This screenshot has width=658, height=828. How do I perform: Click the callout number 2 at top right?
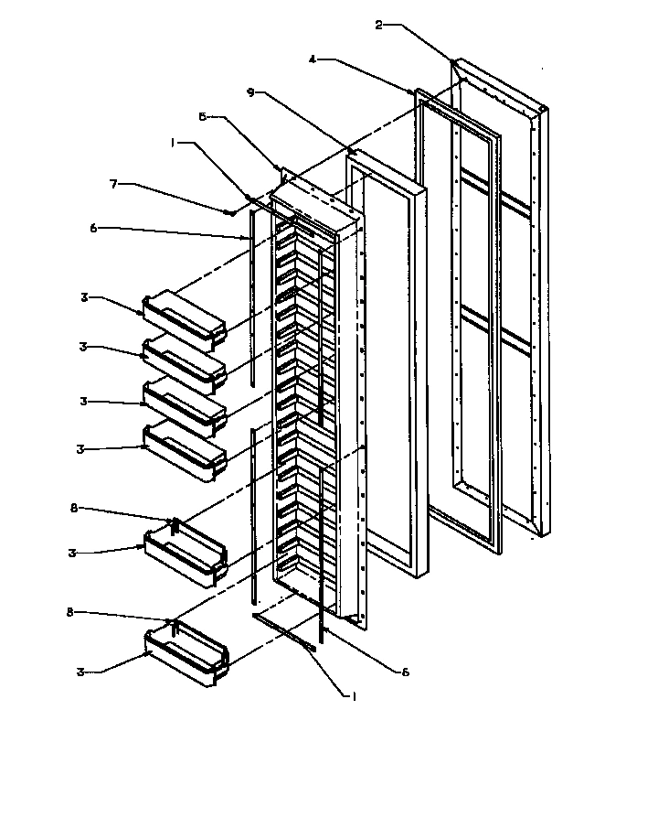tap(379, 25)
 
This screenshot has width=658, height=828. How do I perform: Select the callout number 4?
tap(313, 60)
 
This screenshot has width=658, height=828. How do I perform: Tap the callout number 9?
tap(251, 92)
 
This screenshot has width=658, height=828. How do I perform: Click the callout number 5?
tap(203, 117)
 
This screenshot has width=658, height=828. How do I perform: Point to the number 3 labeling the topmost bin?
tap(84, 297)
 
